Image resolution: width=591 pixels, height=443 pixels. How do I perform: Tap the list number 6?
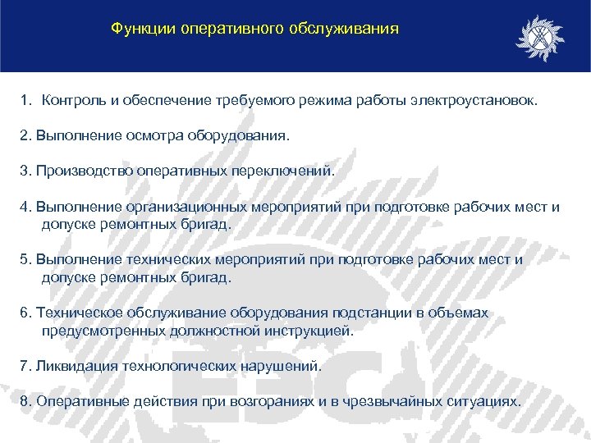click(25, 313)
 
